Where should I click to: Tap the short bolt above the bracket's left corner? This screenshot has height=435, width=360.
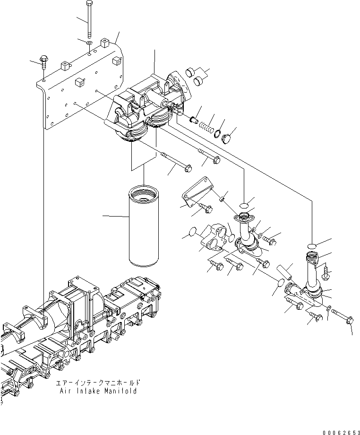44,61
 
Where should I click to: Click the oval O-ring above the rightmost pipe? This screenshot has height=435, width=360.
311,245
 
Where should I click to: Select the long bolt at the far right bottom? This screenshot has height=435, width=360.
342,316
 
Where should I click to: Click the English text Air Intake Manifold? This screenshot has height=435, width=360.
98,391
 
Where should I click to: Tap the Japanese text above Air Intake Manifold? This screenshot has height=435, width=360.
98,383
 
